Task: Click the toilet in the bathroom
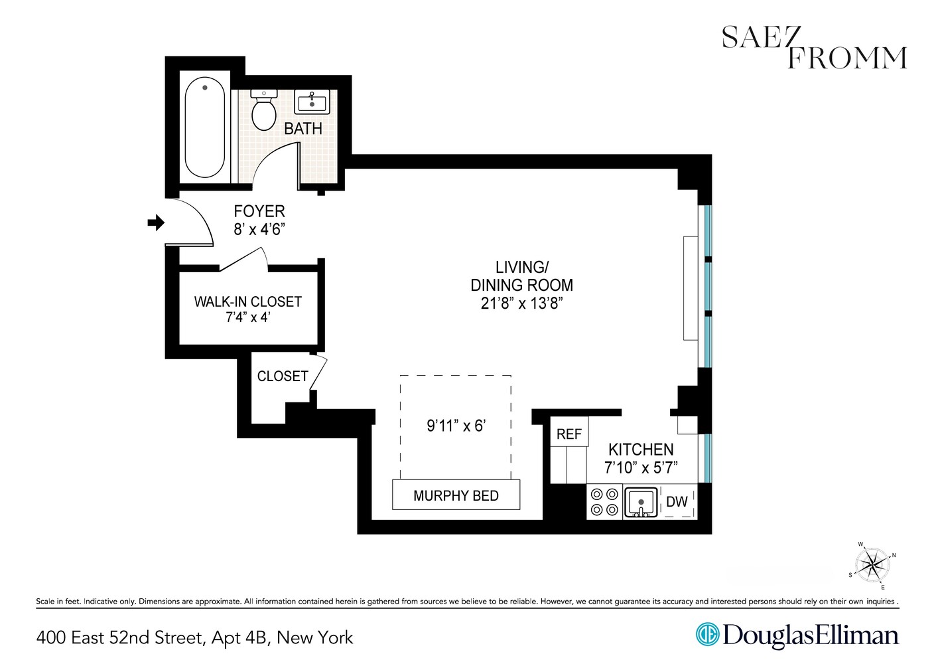(x=264, y=113)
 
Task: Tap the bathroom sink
(x=311, y=102)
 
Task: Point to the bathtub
(x=204, y=128)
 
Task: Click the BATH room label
(x=303, y=129)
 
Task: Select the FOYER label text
(x=259, y=211)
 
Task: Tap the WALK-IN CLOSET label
(x=247, y=301)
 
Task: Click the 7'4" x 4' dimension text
(x=247, y=317)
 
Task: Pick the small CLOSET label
(x=283, y=376)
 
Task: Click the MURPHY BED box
(x=456, y=495)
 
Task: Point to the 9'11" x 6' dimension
(x=456, y=426)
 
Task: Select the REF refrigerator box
(x=569, y=434)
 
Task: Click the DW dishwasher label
(x=677, y=502)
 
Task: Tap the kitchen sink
(x=640, y=502)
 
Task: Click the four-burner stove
(x=604, y=502)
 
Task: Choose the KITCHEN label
(x=641, y=450)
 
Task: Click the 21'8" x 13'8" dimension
(x=521, y=303)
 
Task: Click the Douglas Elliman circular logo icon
(x=707, y=634)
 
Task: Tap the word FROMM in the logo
(x=846, y=58)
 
